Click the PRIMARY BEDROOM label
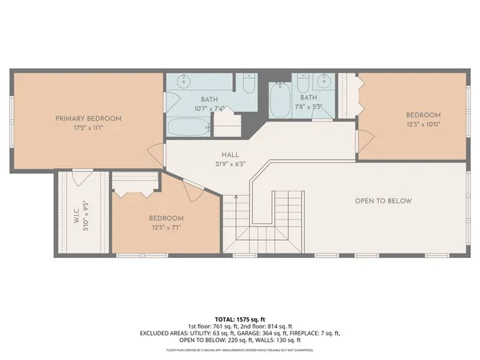point(88,118)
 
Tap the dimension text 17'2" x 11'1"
point(88,127)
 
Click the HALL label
point(220,155)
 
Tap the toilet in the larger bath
point(249,82)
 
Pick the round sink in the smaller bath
point(325,81)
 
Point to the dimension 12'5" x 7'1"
point(166,227)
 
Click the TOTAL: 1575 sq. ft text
point(239,319)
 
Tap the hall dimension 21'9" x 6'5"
point(220,164)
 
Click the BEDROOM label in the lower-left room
point(166,218)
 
